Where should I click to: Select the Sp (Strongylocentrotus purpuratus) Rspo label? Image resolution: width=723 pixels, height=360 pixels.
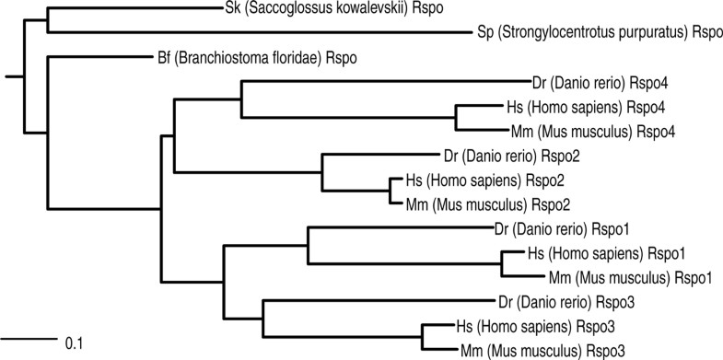pyautogui.click(x=600, y=33)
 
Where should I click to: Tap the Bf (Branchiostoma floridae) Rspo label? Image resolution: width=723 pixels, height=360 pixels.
pyautogui.click(x=251, y=57)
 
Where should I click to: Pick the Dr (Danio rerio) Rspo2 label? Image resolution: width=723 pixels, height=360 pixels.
pyautogui.click(x=507, y=154)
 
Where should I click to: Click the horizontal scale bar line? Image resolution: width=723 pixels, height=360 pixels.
pyautogui.click(x=31, y=339)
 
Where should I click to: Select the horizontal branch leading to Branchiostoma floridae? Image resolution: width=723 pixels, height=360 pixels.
pyautogui.click(x=92, y=57)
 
